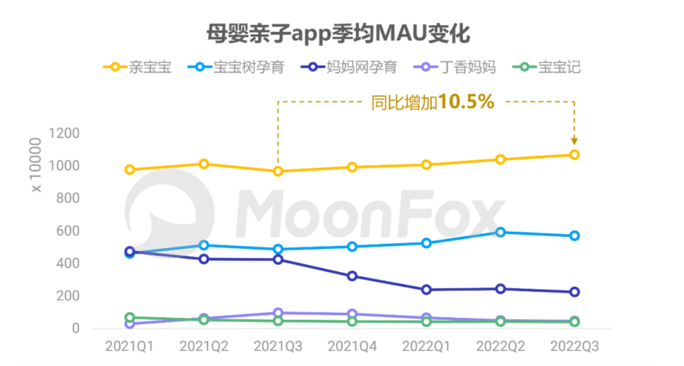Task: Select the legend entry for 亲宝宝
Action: click(x=137, y=67)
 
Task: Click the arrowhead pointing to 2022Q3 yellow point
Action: click(x=574, y=141)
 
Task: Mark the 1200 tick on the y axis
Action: click(x=64, y=134)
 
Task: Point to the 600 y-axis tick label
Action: click(x=68, y=231)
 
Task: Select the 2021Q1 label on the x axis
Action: click(x=129, y=346)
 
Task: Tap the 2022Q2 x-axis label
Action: click(x=500, y=346)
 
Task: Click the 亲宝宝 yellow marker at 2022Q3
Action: click(x=574, y=155)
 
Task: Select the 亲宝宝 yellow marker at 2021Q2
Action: click(x=203, y=164)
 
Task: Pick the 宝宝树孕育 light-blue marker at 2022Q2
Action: click(x=500, y=232)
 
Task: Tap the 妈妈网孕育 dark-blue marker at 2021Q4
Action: click(x=352, y=276)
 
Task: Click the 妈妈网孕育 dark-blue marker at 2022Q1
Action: click(x=426, y=290)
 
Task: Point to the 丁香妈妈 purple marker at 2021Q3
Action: click(x=278, y=312)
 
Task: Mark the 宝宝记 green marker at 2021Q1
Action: click(x=129, y=318)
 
